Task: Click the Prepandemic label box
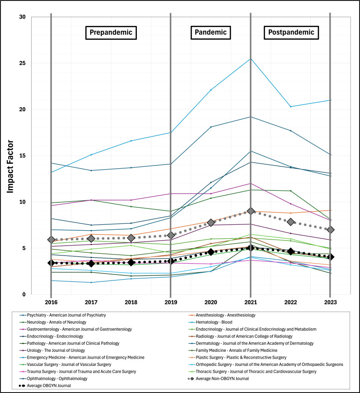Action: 111,32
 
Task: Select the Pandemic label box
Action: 210,32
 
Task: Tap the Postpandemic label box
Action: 290,32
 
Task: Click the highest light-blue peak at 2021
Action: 251,59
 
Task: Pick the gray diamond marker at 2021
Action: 251,211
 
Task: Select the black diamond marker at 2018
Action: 131,262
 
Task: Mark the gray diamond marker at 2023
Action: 330,230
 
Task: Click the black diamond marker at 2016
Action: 51,263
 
